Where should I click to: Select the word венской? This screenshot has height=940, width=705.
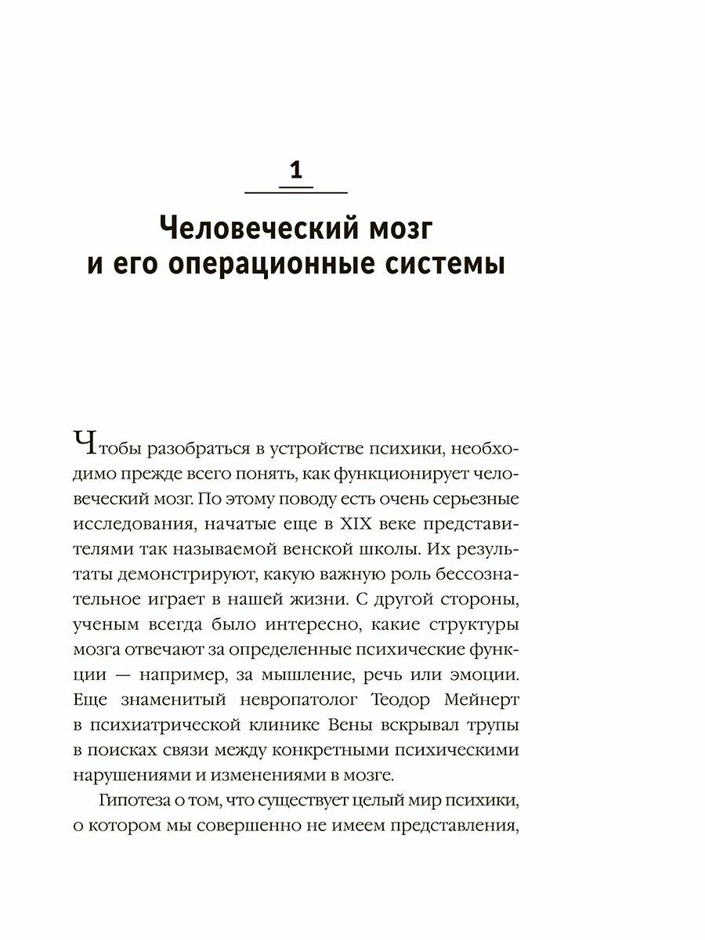click(x=352, y=553)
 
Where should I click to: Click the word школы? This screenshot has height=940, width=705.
click(x=426, y=553)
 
